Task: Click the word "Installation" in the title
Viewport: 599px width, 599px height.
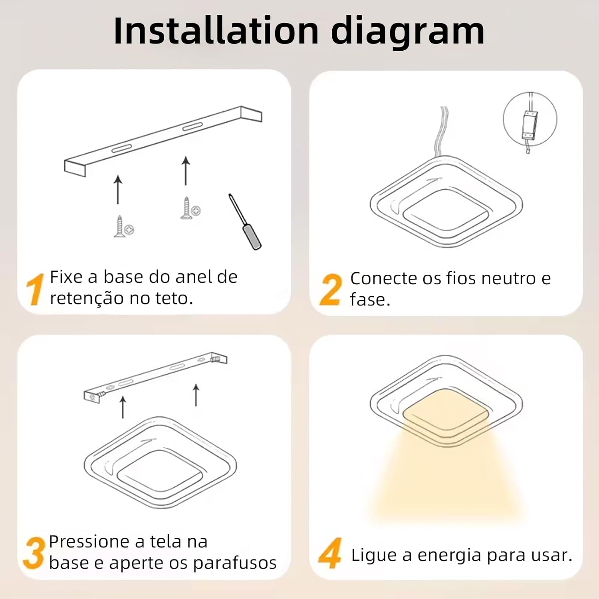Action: click(216, 31)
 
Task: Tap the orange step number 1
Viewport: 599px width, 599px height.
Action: click(35, 290)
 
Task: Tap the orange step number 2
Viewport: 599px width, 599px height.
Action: click(331, 290)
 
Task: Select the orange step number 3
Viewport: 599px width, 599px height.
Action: click(34, 553)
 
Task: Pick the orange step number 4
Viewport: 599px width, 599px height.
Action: click(330, 553)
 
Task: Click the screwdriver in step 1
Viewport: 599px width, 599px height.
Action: click(245, 222)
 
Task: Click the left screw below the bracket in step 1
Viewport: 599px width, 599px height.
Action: click(124, 227)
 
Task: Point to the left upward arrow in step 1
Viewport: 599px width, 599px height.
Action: click(118, 189)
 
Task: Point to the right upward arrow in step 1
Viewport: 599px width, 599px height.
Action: click(186, 171)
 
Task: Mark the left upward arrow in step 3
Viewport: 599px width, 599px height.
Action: click(123, 407)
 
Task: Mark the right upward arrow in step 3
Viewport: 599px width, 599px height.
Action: click(196, 395)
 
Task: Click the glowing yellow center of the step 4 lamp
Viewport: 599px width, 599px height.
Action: click(446, 413)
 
